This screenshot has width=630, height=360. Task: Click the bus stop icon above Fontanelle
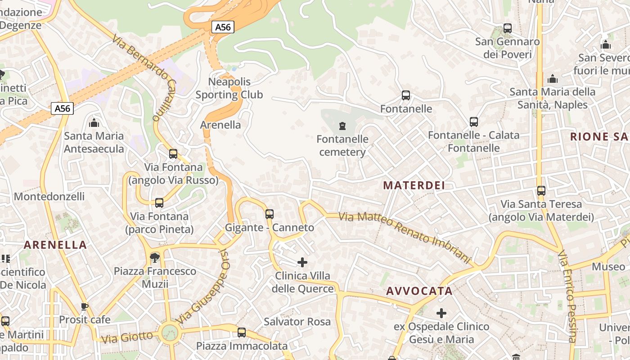point(405,95)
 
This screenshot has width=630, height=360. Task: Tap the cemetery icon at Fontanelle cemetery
point(342,126)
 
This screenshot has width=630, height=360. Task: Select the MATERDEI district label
point(414,185)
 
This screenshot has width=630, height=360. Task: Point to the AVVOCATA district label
point(419,291)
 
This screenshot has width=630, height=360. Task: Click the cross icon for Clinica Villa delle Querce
point(302,262)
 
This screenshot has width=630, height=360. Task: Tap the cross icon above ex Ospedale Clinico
point(441,313)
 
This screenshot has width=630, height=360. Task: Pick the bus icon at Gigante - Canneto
point(270,214)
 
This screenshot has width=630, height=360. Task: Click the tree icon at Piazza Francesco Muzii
point(155,257)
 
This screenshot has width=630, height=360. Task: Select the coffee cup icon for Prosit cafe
point(84,307)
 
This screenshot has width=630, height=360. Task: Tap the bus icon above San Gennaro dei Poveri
point(508,28)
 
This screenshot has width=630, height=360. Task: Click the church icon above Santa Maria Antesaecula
point(94,122)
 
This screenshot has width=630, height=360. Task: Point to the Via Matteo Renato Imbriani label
point(404,238)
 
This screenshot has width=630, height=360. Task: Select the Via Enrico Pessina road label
point(567,297)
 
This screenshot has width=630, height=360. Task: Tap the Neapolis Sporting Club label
point(229,88)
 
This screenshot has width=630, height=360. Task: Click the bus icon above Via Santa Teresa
point(541,191)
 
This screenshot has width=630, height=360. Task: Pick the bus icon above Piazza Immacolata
point(242,333)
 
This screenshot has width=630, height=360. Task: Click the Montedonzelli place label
point(49,197)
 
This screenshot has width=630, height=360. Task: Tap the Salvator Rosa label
point(297,322)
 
